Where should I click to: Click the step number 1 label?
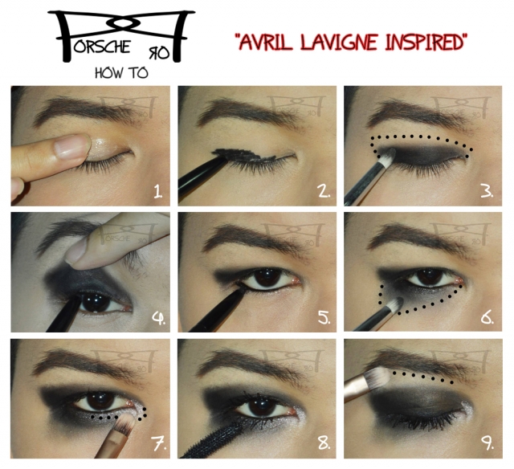click(x=158, y=192)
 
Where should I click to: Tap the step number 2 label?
click(x=324, y=192)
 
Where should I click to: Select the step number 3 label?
click(x=487, y=192)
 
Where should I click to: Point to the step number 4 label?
click(x=158, y=318)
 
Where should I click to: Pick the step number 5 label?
click(x=324, y=318)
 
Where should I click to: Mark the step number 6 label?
click(x=487, y=318)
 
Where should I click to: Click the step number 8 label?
click(x=324, y=443)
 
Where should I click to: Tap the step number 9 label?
click(x=487, y=443)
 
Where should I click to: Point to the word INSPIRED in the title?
click(x=425, y=42)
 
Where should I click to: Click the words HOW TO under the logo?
click(x=121, y=73)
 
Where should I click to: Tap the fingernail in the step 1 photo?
click(x=71, y=146)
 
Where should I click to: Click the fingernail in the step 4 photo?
click(x=76, y=251)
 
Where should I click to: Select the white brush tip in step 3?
click(x=387, y=157)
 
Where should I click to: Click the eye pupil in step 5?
click(x=267, y=278)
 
